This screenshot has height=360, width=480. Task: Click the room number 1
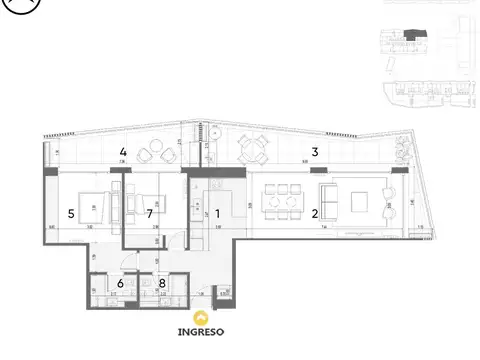click(x=216, y=212)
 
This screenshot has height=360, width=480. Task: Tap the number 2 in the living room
click(x=314, y=212)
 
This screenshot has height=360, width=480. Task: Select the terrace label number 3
click(x=314, y=152)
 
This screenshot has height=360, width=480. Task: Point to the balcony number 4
click(x=122, y=152)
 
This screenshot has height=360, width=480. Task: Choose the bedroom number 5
click(x=71, y=213)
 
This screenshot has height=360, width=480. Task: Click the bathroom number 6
click(x=121, y=283)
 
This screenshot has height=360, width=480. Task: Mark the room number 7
click(x=149, y=213)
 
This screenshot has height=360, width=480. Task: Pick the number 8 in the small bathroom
click(x=162, y=283)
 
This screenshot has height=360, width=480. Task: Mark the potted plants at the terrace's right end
click(x=400, y=150)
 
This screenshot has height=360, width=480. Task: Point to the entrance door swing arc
click(x=176, y=238)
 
